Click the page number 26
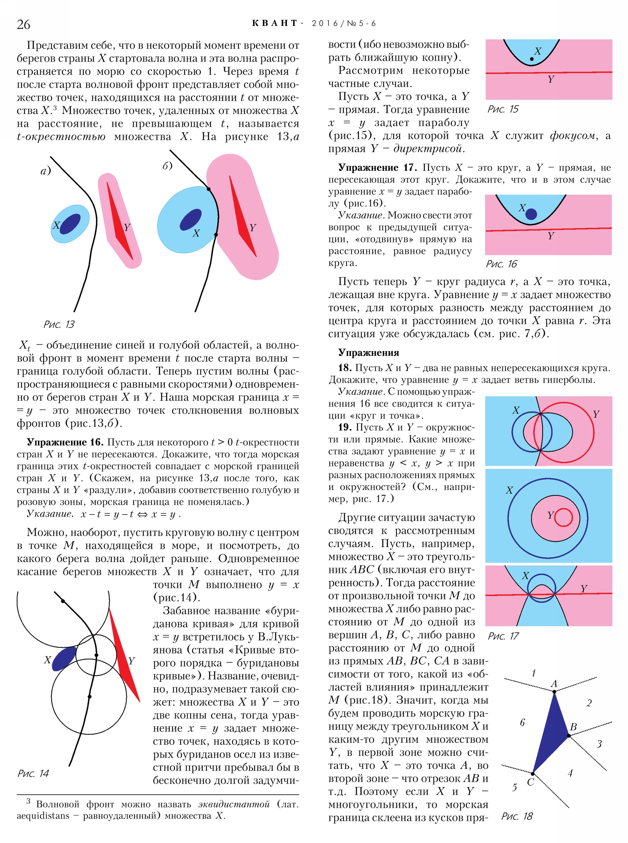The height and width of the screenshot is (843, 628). (x=23, y=24)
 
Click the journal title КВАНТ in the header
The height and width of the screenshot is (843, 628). (x=274, y=23)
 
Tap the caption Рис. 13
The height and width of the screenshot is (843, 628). (x=59, y=324)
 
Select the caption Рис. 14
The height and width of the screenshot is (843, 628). (x=34, y=773)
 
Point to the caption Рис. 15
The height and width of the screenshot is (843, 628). (x=503, y=109)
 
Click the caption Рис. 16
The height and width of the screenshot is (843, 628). (x=501, y=264)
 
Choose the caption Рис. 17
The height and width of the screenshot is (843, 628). (x=503, y=636)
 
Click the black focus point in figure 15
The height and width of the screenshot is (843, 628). (x=531, y=59)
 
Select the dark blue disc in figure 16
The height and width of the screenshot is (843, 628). (x=531, y=214)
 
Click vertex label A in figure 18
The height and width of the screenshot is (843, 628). (x=554, y=684)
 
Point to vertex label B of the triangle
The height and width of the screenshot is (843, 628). (x=573, y=727)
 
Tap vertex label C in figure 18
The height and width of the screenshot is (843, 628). (x=530, y=782)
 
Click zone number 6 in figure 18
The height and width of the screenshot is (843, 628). (x=522, y=722)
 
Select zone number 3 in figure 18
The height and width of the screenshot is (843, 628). (x=599, y=744)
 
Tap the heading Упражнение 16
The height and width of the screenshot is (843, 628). (x=65, y=442)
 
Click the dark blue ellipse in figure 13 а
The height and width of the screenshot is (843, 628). (x=70, y=224)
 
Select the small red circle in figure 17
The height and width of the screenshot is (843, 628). (x=563, y=517)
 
